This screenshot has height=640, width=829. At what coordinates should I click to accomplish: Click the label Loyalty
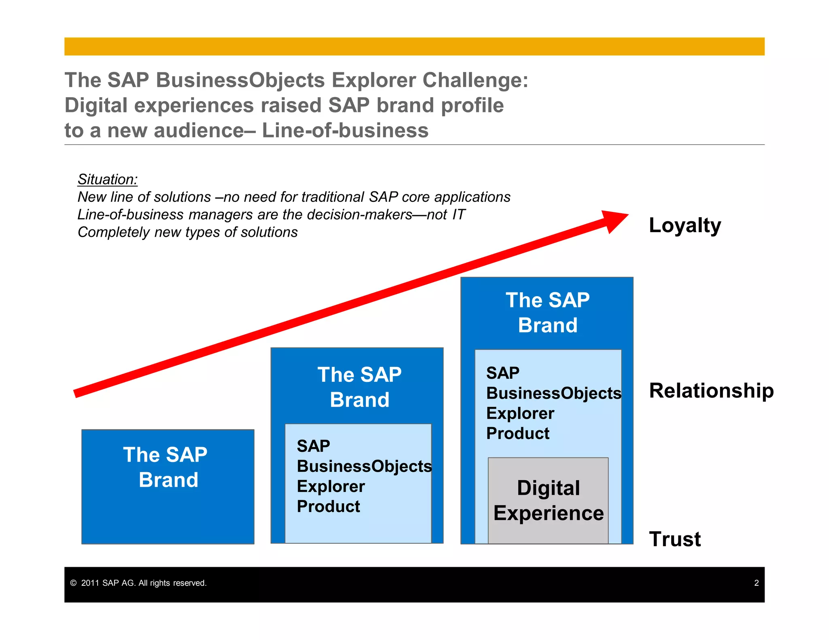684,226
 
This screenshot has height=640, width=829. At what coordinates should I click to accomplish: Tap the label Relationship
711,391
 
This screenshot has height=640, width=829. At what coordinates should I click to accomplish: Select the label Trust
675,539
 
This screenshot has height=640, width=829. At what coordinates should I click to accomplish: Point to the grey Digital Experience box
548,500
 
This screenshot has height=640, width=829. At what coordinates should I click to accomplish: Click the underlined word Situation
108,179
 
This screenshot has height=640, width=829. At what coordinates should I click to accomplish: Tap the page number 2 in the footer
756,583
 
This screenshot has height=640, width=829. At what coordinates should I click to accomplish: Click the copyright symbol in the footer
73,583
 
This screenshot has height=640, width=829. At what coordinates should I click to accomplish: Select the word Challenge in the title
475,80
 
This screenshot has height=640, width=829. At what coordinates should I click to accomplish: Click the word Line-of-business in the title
345,131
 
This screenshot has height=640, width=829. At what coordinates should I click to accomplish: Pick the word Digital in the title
96,106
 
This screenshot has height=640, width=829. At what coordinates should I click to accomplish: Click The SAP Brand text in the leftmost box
166,467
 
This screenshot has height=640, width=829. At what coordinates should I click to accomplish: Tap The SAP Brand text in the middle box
359,387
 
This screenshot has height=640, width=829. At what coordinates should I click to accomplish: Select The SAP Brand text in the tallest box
548,313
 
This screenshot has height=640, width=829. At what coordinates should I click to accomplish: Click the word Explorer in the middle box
331,486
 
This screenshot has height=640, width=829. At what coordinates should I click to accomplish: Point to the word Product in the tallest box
518,433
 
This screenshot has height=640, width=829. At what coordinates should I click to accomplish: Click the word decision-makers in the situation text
359,214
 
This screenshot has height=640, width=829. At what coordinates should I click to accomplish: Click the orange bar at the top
414,47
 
